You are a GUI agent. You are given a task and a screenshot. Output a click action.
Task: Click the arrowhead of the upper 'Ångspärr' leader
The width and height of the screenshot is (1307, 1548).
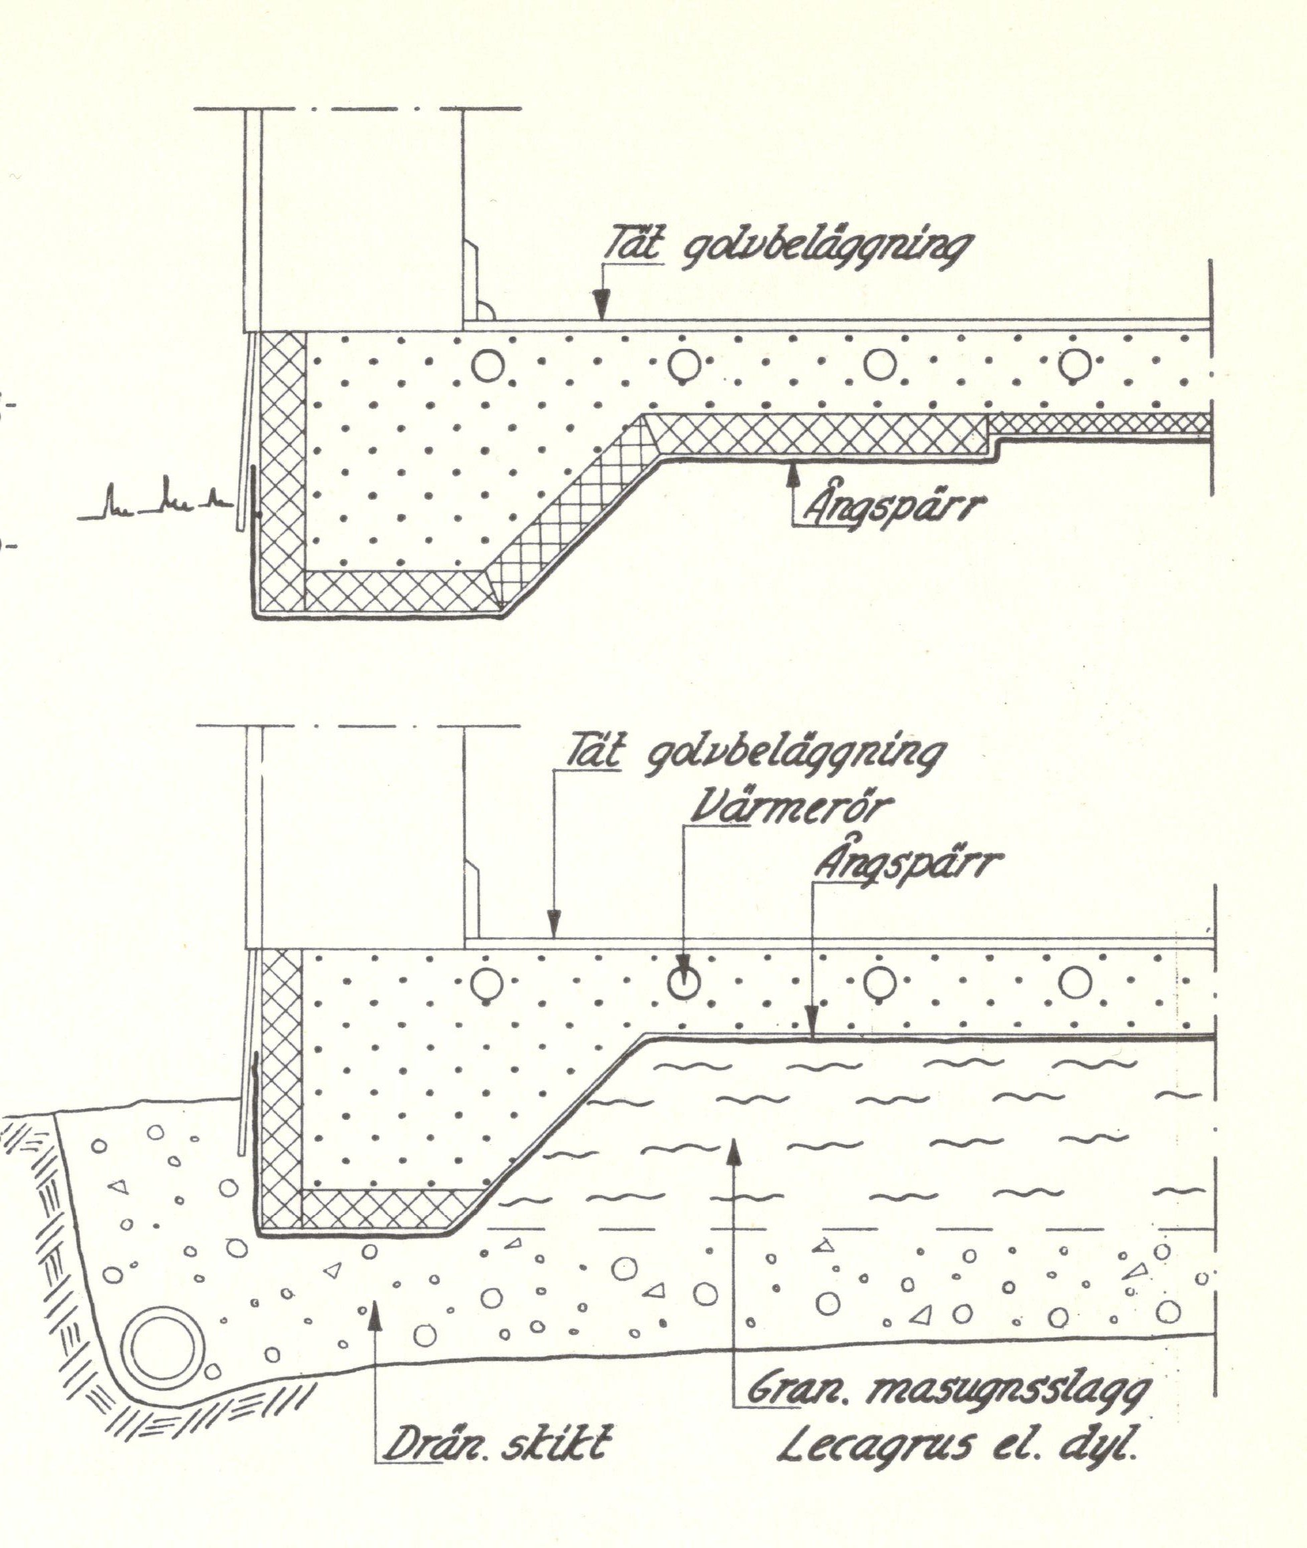794,471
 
